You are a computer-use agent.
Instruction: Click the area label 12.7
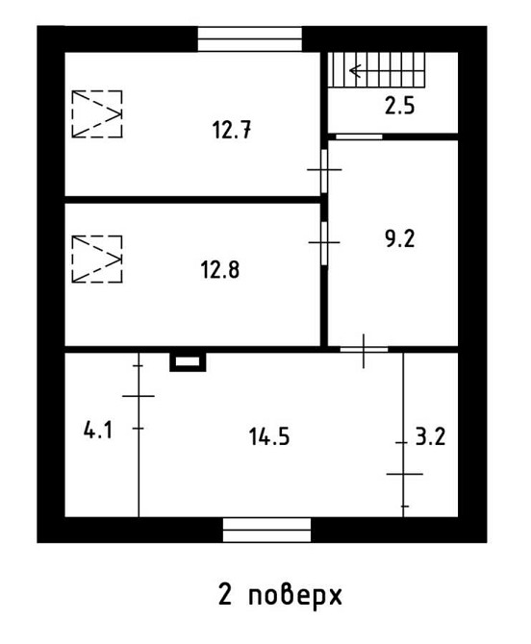pos(232,130)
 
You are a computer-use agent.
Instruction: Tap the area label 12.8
pos(220,269)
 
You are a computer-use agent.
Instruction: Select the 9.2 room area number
pos(399,239)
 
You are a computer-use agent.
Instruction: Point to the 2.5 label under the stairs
pos(399,107)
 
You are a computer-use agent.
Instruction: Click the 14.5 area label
pos(268,437)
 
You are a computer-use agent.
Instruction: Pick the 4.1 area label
pos(98,431)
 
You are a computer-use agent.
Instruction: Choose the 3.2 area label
pos(430,437)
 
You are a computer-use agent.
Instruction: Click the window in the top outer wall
pos(250,39)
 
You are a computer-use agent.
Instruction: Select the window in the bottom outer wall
pos(266,530)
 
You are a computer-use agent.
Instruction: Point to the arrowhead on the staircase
pos(355,70)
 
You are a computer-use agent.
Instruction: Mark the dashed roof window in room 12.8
pos(97,259)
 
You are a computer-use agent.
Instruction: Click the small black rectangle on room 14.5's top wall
pos(188,362)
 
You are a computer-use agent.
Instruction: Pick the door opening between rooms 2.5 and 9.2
pos(358,136)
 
